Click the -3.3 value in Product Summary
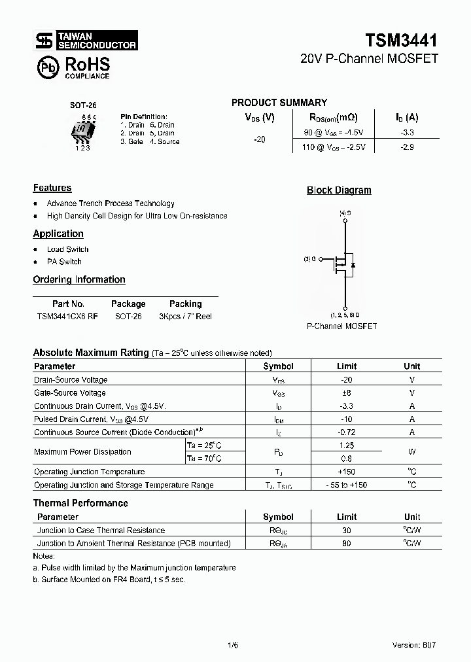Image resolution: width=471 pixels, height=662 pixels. tap(407, 133)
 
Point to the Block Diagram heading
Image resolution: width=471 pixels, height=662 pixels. tap(339, 190)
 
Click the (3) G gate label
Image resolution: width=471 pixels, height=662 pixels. tap(309, 259)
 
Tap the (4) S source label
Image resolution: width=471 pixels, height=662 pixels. tap(344, 213)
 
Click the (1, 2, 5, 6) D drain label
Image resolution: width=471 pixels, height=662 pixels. tap(344, 315)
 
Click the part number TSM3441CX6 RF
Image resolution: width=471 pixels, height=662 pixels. tap(68, 316)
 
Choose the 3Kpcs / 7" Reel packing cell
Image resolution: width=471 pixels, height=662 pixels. tap(185, 316)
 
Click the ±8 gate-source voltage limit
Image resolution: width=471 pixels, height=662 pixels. tap(347, 393)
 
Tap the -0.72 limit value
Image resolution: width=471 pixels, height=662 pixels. tap(347, 432)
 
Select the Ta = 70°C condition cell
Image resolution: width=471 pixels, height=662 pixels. tap(204, 459)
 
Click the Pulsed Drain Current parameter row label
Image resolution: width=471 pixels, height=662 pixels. tap(91, 419)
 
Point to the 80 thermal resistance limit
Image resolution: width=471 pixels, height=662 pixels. tap(347, 544)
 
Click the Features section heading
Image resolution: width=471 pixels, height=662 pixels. tap(52, 188)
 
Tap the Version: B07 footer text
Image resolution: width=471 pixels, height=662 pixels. tap(413, 644)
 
